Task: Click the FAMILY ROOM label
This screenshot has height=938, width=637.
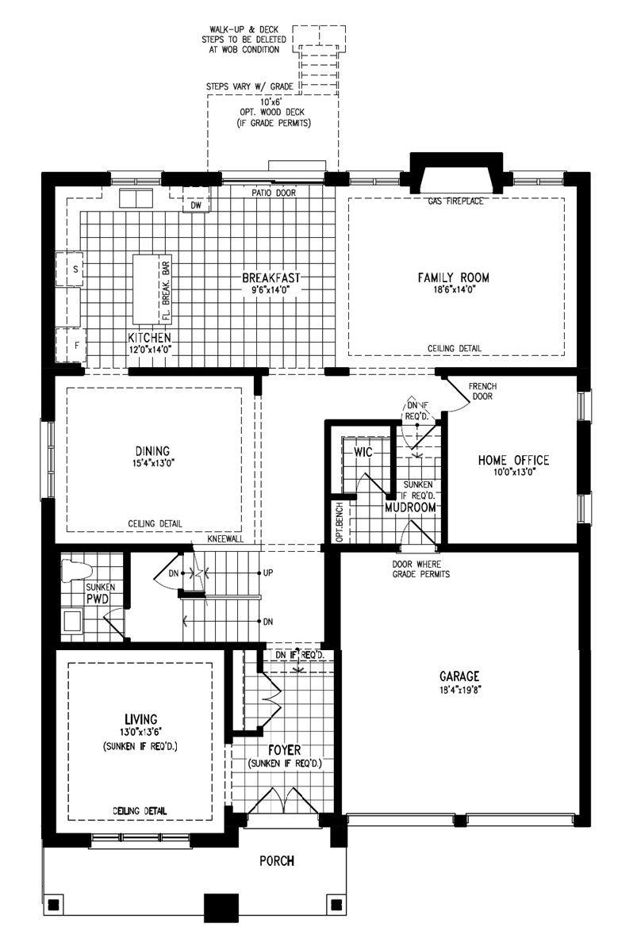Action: (453, 278)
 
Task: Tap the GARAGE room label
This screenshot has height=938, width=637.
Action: (459, 676)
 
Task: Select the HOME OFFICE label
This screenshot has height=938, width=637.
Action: (513, 460)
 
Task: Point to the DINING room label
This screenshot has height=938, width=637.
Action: (152, 451)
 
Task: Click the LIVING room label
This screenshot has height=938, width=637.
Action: (141, 719)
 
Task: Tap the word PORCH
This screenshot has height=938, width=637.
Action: (277, 861)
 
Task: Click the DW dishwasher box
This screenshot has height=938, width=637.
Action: (197, 205)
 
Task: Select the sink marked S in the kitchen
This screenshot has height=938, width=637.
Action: (70, 270)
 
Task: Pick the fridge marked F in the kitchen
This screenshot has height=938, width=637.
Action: (71, 345)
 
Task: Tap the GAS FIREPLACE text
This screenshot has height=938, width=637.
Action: (455, 201)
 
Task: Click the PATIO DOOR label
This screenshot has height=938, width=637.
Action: (274, 193)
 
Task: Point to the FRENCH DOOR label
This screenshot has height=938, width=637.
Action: (482, 391)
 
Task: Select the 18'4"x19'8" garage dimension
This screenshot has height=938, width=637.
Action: (460, 689)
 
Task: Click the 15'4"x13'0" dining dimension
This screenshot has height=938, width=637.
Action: (152, 463)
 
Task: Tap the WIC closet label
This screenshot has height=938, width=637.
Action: (363, 452)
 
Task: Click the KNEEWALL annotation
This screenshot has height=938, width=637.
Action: (226, 539)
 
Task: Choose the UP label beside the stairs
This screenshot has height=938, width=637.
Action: (268, 572)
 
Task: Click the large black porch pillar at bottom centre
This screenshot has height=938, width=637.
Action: (221, 908)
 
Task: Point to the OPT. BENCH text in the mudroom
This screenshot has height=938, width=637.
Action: (340, 522)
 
